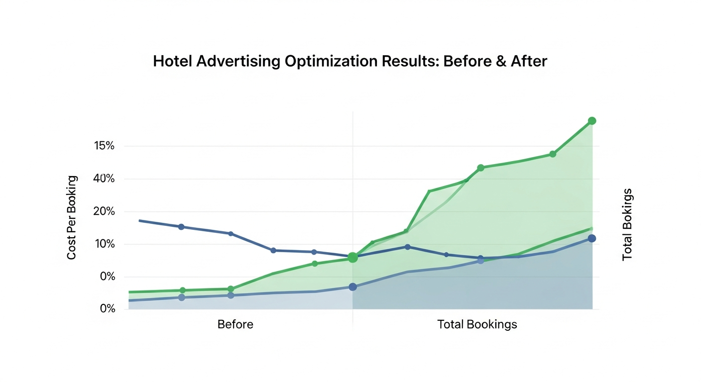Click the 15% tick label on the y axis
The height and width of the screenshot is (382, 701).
tap(104, 146)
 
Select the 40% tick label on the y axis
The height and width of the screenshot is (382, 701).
tap(104, 179)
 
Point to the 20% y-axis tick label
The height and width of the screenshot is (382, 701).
tap(104, 211)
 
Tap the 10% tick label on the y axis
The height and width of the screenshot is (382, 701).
tap(104, 244)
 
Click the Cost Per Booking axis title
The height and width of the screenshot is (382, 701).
tap(72, 217)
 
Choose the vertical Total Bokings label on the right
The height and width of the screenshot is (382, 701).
tap(627, 224)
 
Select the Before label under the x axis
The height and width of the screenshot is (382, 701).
tap(235, 325)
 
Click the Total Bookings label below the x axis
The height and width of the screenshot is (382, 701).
tap(477, 325)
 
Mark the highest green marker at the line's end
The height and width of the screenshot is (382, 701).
tap(592, 121)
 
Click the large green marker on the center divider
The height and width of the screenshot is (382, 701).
tap(352, 258)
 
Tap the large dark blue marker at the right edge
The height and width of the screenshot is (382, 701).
tap(591, 238)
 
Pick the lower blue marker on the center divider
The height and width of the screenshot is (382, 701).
tap(352, 287)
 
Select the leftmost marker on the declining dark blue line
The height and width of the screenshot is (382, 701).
tap(181, 227)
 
